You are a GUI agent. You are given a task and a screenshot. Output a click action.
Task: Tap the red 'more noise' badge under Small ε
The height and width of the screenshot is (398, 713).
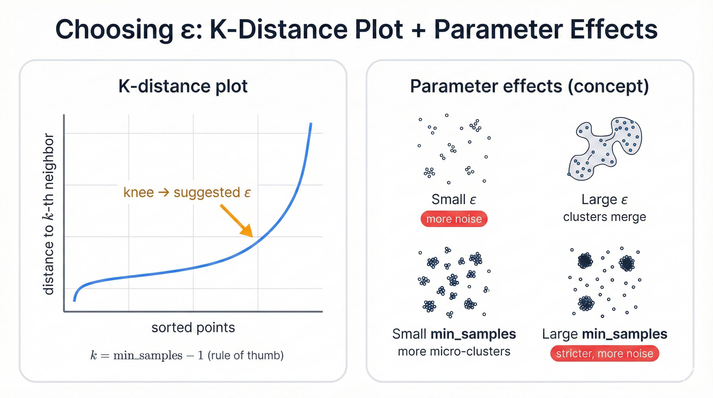click(x=454, y=219)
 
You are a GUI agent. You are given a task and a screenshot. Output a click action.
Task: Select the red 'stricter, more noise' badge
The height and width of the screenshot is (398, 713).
click(x=604, y=353)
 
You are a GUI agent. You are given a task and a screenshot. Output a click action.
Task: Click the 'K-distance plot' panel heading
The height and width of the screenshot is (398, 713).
click(x=183, y=86)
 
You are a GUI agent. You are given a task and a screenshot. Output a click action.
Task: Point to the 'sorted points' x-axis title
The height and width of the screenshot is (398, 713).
click(x=193, y=328)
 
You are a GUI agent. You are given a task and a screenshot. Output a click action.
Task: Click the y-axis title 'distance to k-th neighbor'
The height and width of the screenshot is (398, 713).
click(x=49, y=214)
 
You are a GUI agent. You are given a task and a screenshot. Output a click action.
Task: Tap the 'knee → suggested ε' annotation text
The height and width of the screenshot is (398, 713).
click(x=187, y=192)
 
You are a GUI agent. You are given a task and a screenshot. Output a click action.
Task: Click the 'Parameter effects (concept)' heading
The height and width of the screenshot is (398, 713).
click(x=530, y=86)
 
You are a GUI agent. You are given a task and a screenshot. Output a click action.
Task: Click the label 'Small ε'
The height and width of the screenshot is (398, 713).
click(x=454, y=199)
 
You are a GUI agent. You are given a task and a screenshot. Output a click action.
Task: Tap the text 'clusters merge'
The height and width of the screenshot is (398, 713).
click(x=604, y=217)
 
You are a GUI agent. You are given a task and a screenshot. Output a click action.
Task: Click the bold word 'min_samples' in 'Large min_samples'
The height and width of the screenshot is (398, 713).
click(x=624, y=334)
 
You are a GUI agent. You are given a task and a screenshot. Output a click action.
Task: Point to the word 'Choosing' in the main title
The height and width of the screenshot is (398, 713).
click(x=114, y=30)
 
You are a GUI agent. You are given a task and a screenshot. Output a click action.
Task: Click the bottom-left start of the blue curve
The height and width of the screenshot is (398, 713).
click(x=74, y=300)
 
